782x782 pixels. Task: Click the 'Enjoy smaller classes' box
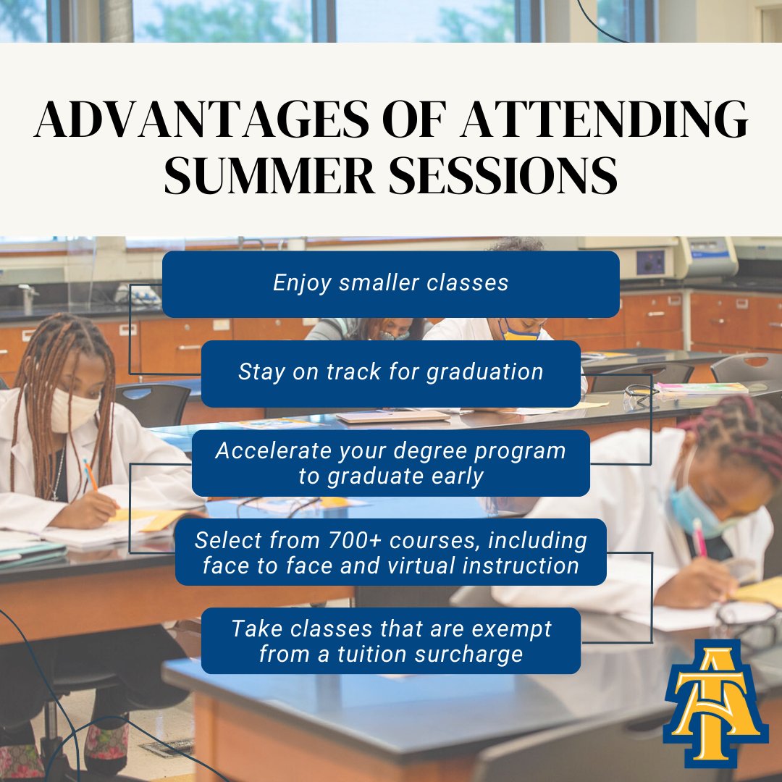tap(390, 284)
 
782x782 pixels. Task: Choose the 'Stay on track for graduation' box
tap(390, 373)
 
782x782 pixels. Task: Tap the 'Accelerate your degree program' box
tap(390, 463)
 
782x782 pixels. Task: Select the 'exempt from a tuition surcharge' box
tap(390, 641)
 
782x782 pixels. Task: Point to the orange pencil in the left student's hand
tap(90, 474)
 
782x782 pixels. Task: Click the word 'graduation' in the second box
tap(484, 372)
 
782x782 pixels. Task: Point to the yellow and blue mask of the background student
tap(520, 334)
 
